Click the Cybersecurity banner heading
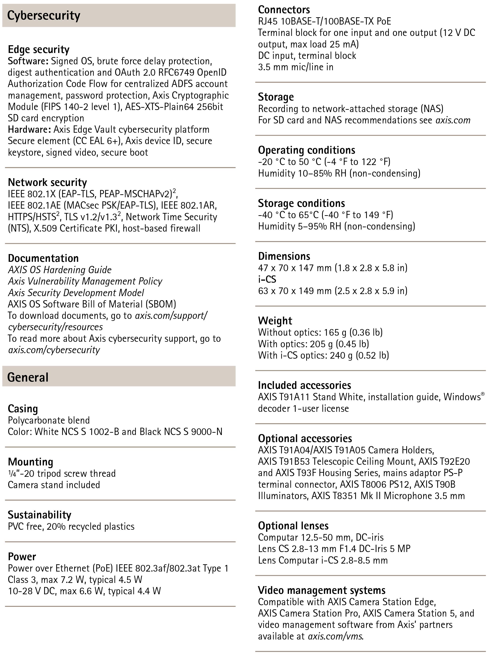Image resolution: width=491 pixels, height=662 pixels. click(44, 16)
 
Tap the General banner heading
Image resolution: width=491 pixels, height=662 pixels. click(28, 377)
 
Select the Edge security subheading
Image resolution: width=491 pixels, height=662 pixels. click(39, 50)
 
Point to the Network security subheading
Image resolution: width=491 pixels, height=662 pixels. click(47, 182)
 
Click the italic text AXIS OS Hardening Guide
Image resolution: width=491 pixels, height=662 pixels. click(59, 270)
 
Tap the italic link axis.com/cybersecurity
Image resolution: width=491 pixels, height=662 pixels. click(54, 350)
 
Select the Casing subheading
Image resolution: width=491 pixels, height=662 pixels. click(23, 409)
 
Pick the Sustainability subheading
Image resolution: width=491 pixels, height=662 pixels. click(40, 515)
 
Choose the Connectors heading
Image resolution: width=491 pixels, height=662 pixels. click(284, 10)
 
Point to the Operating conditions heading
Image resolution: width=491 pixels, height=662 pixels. click(306, 150)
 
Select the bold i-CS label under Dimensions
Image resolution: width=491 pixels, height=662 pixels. click(267, 279)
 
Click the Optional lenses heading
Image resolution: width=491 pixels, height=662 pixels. click(293, 526)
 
